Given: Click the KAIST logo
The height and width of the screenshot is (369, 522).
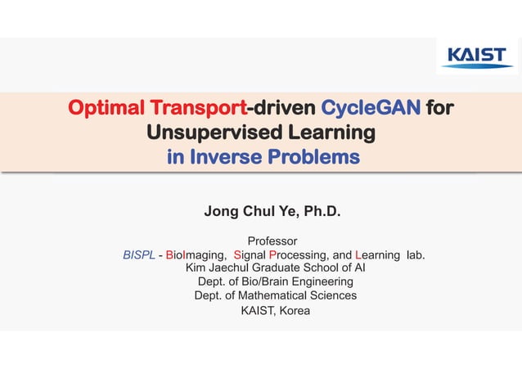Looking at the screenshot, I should coord(477,56).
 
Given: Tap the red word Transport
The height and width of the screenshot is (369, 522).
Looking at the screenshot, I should coord(196,108).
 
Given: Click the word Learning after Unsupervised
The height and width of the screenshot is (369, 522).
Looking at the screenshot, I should coord(330,133).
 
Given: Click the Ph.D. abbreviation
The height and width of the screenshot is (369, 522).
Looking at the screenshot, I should coord(322,213).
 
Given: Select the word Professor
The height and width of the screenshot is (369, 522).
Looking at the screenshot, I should coord(272,241).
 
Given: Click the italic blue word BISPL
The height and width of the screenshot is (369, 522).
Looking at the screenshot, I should coord(138,255).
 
